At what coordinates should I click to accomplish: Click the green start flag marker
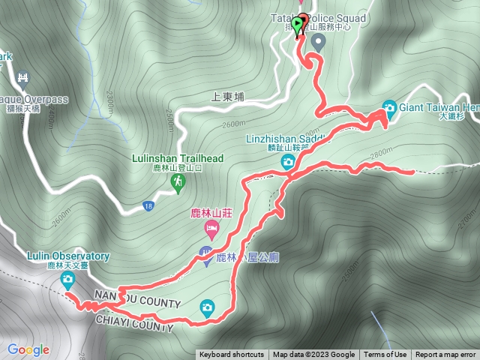click(x=298, y=26)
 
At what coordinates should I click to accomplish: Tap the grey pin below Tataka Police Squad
click(x=318, y=42)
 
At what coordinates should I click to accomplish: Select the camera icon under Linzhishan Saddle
click(x=288, y=161)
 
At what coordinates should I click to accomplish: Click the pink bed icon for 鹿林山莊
click(x=211, y=228)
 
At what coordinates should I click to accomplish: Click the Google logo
click(x=28, y=349)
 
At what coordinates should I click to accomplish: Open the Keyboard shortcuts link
click(x=231, y=355)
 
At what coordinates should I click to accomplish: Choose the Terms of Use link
click(x=385, y=355)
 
